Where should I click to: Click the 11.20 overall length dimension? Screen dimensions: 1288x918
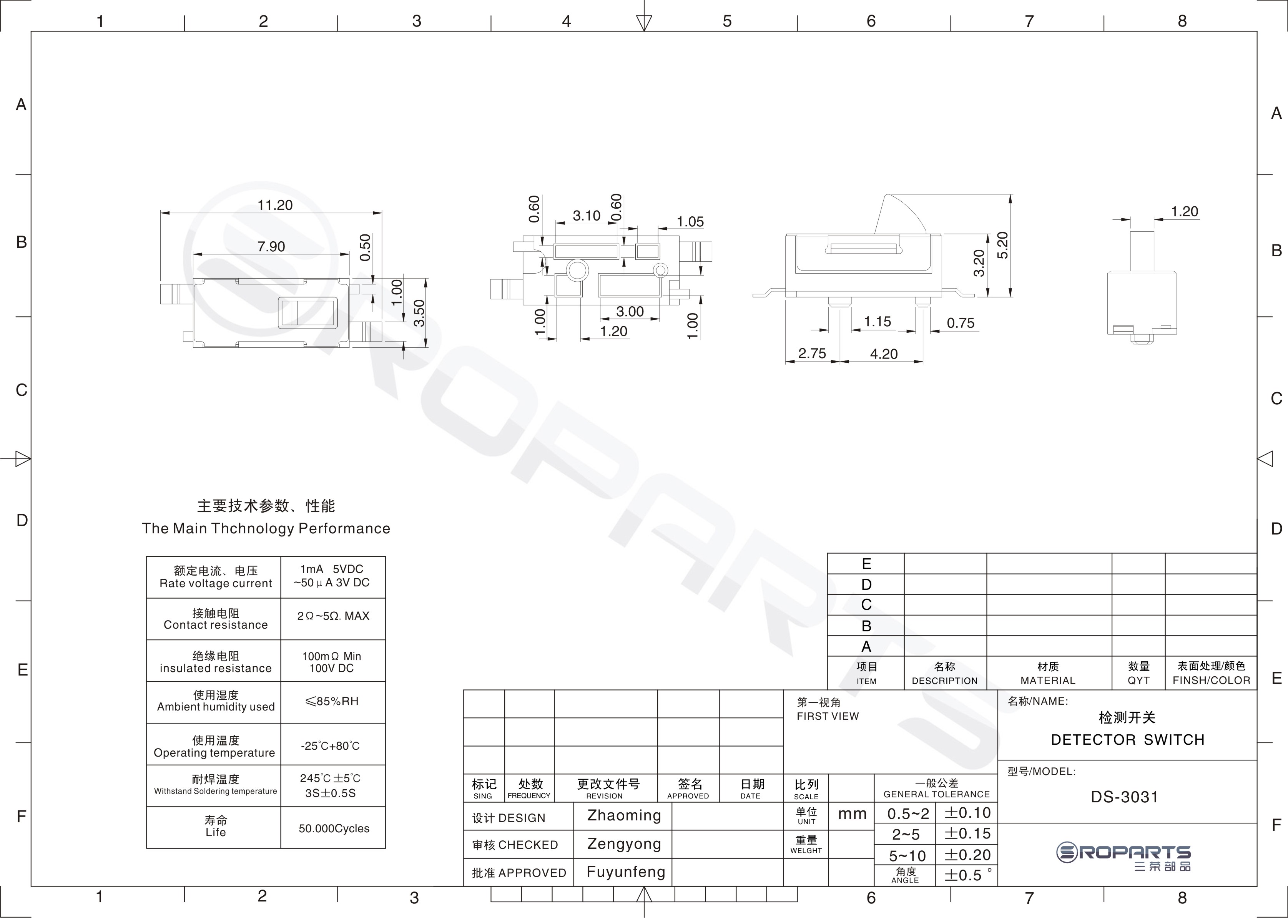click(275, 205)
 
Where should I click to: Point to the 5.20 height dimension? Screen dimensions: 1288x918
click(1002, 245)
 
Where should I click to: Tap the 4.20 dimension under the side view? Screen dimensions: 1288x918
click(884, 354)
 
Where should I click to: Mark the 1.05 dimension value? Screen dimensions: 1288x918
click(690, 222)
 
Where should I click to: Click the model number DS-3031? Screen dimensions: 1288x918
click(1125, 797)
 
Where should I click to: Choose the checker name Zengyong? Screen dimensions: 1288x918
click(624, 844)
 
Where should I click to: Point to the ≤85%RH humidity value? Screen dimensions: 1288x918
click(332, 702)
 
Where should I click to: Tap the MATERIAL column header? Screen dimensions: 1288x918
click(1048, 681)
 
